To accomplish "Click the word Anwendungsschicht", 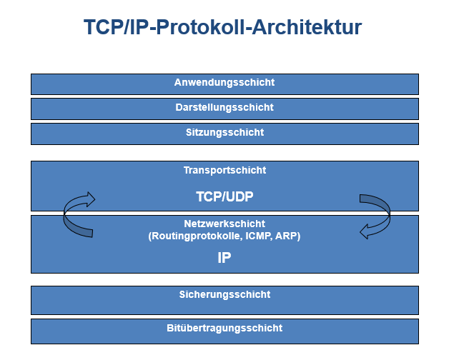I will click(x=224, y=83).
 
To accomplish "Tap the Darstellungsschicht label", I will click(x=224, y=108).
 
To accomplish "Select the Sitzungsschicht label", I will click(x=224, y=133).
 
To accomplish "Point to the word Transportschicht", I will click(x=224, y=171).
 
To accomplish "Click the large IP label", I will click(x=224, y=258).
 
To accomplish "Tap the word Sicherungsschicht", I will click(x=224, y=294).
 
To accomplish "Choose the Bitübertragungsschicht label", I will click(x=224, y=329).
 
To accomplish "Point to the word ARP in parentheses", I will click(x=288, y=236).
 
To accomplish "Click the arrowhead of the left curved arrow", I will click(x=88, y=198).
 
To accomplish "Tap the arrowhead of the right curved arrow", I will click(x=364, y=230).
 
